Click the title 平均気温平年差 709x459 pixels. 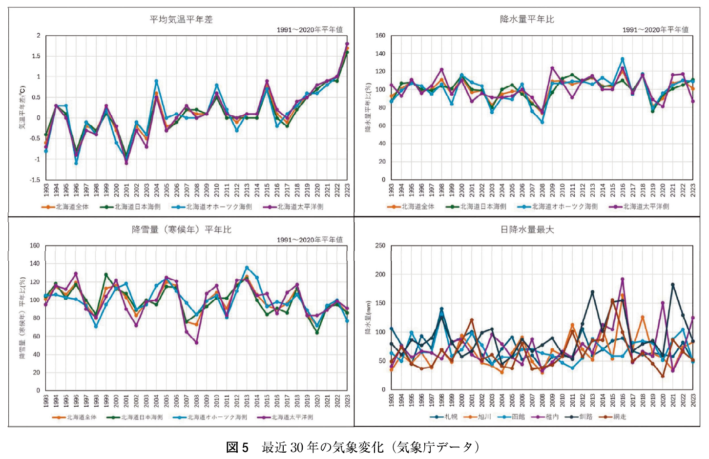click(181, 20)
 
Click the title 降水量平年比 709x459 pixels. click(527, 20)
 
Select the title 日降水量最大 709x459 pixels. click(527, 229)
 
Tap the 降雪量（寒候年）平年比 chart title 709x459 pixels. click(182, 229)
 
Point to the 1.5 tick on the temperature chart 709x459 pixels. click(36, 56)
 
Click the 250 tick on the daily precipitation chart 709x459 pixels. click(380, 246)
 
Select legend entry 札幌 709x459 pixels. click(451, 417)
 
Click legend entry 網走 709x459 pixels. click(620, 417)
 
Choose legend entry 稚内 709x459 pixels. click(552, 417)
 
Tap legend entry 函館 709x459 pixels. click(518, 417)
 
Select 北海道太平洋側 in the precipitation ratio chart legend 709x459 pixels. click(646, 207)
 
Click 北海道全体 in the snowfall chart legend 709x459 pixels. click(82, 417)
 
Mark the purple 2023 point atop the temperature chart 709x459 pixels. click(347, 44)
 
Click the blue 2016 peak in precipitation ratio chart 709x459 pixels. click(623, 60)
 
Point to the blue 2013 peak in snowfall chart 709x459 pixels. click(247, 268)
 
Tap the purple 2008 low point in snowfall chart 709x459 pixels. click(196, 343)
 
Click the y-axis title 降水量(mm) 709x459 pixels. click(368, 317)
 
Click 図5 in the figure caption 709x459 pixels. click(237, 447)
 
